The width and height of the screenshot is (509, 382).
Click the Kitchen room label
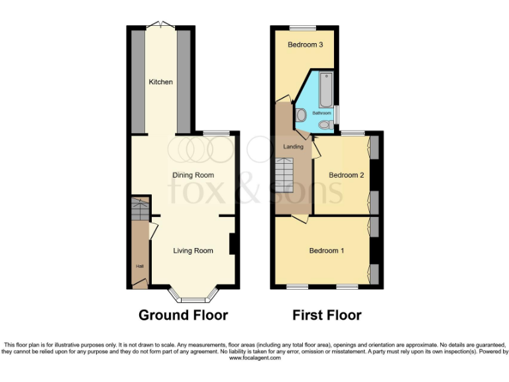tap(160, 82)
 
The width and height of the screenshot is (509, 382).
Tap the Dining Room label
tap(193, 175)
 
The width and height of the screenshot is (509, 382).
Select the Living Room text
tap(193, 251)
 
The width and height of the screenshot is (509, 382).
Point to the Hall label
tap(140, 267)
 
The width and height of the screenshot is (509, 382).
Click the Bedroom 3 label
tap(305, 45)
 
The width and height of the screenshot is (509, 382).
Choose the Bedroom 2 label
tap(347, 175)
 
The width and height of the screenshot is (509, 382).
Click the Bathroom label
tap(321, 113)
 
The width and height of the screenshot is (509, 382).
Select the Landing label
tap(293, 147)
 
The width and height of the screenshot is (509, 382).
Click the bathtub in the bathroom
tap(325, 91)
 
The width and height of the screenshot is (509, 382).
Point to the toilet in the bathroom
tap(324, 125)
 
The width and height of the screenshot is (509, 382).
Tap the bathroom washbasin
tap(301, 115)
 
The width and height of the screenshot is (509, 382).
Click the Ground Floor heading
tap(183, 315)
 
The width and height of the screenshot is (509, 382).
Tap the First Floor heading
tap(327, 315)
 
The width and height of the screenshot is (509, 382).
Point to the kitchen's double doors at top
tap(161, 25)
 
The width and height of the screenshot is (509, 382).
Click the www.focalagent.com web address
tap(254, 357)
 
